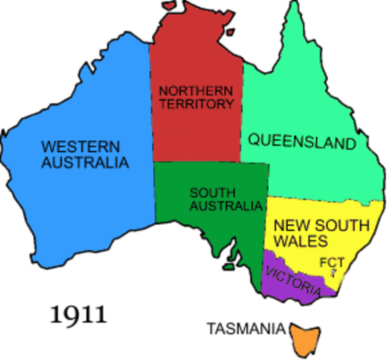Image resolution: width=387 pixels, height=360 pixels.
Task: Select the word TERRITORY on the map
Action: (x=197, y=104)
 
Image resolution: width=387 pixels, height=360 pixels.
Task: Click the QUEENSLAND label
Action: (x=301, y=141)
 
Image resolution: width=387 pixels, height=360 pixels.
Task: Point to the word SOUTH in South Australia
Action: (x=211, y=192)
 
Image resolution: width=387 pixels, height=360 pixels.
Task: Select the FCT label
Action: (x=331, y=263)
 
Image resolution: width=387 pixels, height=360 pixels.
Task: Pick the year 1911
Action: (x=79, y=313)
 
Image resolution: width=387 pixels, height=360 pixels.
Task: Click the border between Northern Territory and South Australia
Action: (x=199, y=163)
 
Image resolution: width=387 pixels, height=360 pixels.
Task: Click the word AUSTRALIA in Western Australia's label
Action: (x=85, y=162)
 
